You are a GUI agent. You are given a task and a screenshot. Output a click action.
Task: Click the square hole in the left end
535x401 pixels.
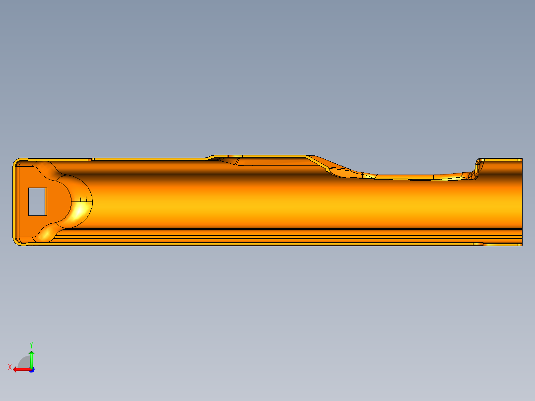pyautogui.click(x=37, y=201)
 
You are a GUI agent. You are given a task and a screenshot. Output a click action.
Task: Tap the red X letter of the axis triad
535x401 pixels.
pyautogui.click(x=10, y=367)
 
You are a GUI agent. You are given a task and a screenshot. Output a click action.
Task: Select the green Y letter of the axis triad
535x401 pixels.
pyautogui.click(x=31, y=344)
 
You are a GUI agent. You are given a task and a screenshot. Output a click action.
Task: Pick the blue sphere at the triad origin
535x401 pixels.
pyautogui.click(x=31, y=369)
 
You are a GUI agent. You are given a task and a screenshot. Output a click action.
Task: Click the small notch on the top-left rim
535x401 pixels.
pyautogui.click(x=92, y=159)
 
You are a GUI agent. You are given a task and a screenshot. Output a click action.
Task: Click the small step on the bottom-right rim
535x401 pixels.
pyautogui.click(x=478, y=244)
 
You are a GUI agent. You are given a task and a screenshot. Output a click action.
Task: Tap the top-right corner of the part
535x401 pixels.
pyautogui.click(x=521, y=159)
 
